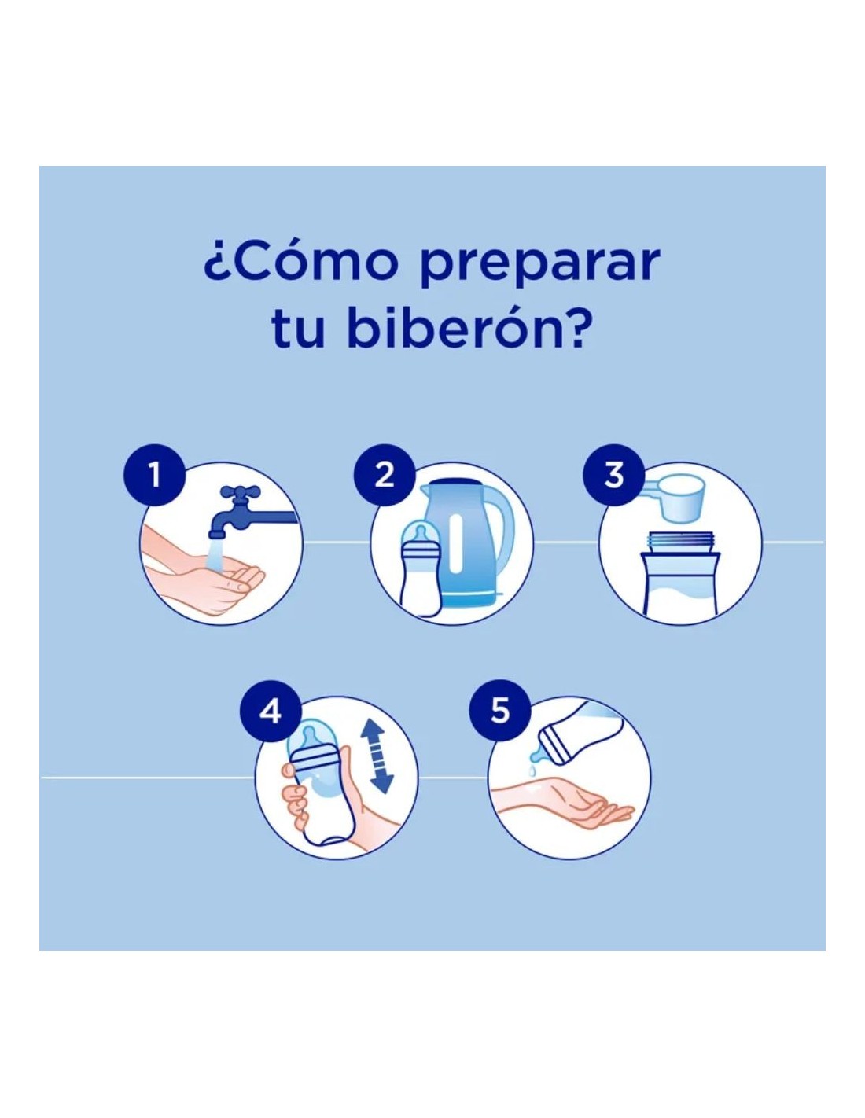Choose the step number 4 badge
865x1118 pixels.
pyautogui.click(x=271, y=712)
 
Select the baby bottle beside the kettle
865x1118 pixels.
pyautogui.click(x=421, y=568)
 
